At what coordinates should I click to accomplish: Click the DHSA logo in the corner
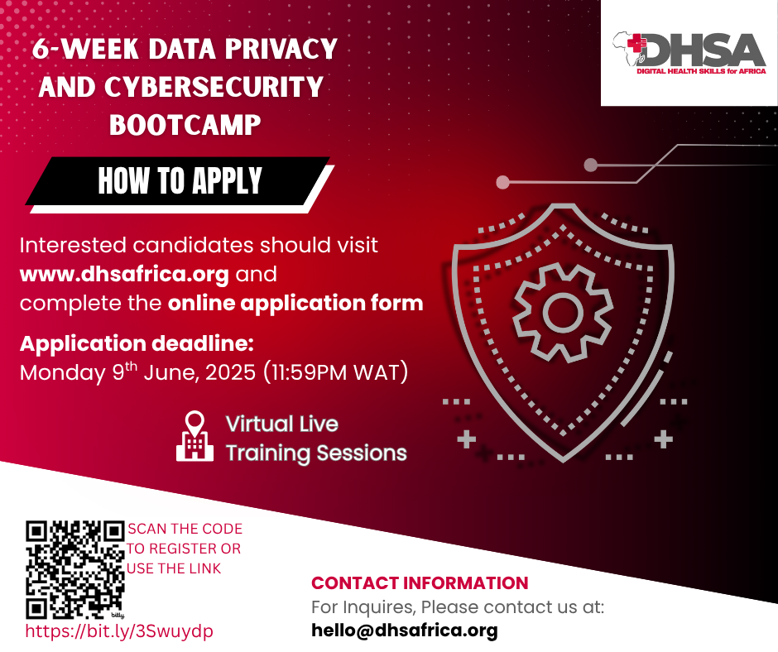point(689,54)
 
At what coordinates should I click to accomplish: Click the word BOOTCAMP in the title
point(185,125)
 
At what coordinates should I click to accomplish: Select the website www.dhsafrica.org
point(124,275)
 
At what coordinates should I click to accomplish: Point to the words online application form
point(295,303)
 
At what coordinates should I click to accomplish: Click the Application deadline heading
point(137,344)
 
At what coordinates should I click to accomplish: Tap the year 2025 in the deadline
point(230,372)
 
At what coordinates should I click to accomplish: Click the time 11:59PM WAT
point(335,372)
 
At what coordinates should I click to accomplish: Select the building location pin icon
point(195,436)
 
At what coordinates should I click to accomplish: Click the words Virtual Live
point(282,424)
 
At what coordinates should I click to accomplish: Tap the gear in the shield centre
point(563,313)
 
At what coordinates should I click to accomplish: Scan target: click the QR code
point(75,569)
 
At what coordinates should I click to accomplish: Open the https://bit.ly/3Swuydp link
point(119,631)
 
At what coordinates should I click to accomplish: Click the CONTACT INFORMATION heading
point(420,583)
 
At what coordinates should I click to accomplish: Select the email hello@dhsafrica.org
point(405,630)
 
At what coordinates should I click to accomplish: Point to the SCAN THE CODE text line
point(185,529)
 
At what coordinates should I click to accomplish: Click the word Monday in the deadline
point(63,373)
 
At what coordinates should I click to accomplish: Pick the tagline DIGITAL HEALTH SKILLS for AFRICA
point(702,71)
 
